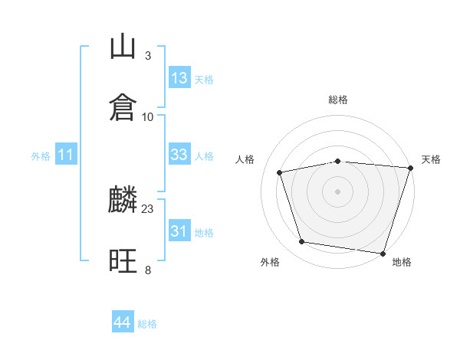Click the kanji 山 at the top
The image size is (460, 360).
(123, 46)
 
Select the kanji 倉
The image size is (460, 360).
(123, 107)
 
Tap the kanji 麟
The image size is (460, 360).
(123, 199)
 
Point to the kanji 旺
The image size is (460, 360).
(123, 260)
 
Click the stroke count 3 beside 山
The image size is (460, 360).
(148, 56)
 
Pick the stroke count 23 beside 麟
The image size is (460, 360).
(147, 209)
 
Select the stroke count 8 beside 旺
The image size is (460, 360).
(148, 270)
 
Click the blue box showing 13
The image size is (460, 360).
(179, 77)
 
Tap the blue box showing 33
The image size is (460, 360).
(179, 154)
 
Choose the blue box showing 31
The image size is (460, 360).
(179, 230)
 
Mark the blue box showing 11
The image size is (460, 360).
(66, 154)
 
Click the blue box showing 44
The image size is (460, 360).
(123, 321)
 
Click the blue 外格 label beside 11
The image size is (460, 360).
(41, 156)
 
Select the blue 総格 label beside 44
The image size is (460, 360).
(147, 324)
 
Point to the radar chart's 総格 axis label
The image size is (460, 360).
(338, 100)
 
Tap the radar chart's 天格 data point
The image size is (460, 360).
(411, 168)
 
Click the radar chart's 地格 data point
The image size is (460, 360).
(383, 254)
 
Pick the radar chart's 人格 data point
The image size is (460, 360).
(280, 172)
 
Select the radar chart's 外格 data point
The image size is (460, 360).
(301, 242)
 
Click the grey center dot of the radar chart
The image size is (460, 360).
(337, 191)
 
